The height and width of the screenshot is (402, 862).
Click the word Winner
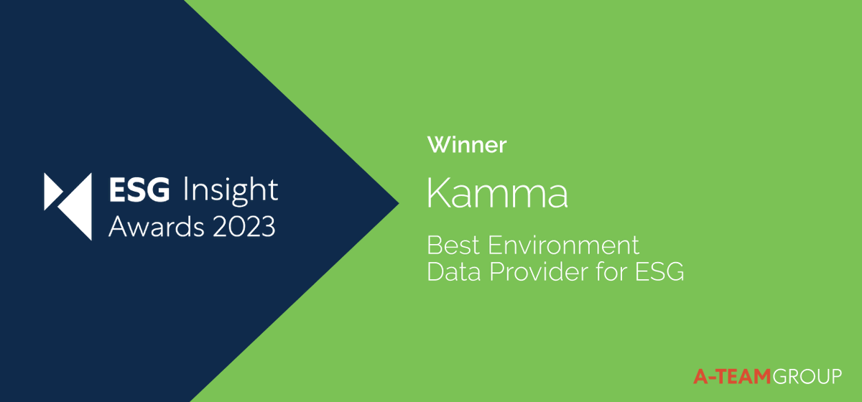[x=467, y=145]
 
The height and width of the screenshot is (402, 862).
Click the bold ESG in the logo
[x=139, y=190]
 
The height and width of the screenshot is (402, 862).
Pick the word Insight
[x=230, y=191]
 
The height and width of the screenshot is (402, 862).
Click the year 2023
[x=239, y=227]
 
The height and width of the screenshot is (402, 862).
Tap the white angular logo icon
[x=68, y=205]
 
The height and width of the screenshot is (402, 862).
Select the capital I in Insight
[x=187, y=190]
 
